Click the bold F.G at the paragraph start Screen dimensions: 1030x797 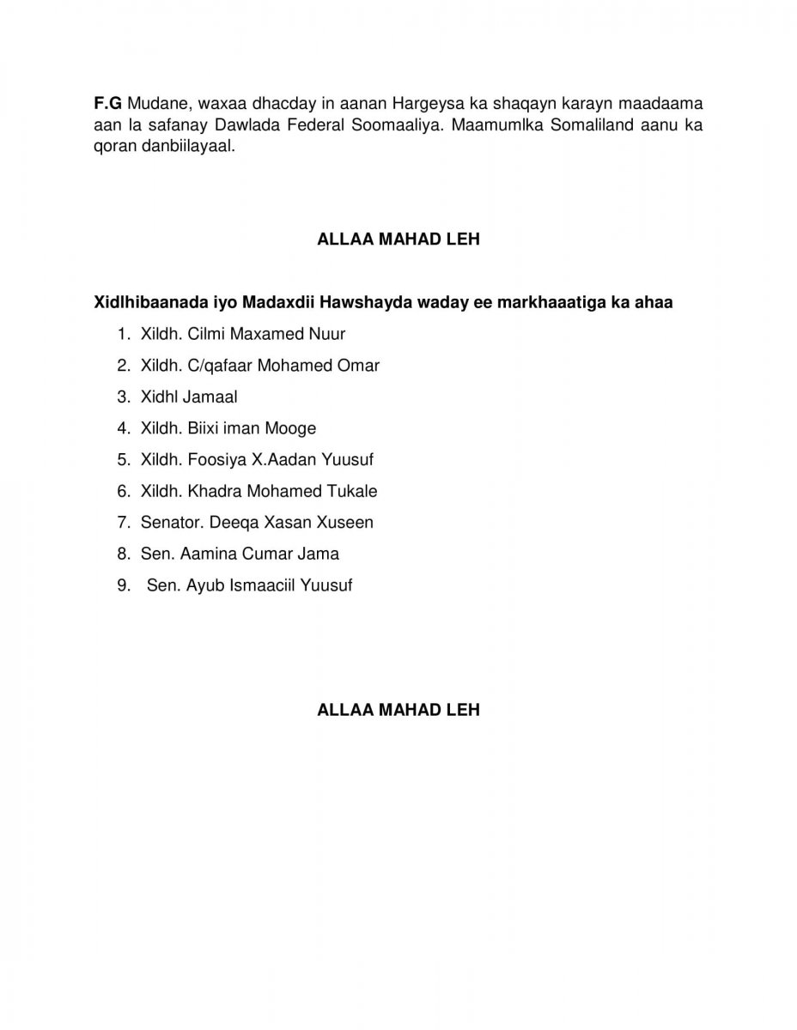(107, 104)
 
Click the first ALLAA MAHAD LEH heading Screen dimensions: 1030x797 (398, 240)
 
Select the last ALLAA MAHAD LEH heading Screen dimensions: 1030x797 (398, 710)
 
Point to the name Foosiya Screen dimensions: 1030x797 (216, 459)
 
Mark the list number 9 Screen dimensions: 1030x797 (123, 585)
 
